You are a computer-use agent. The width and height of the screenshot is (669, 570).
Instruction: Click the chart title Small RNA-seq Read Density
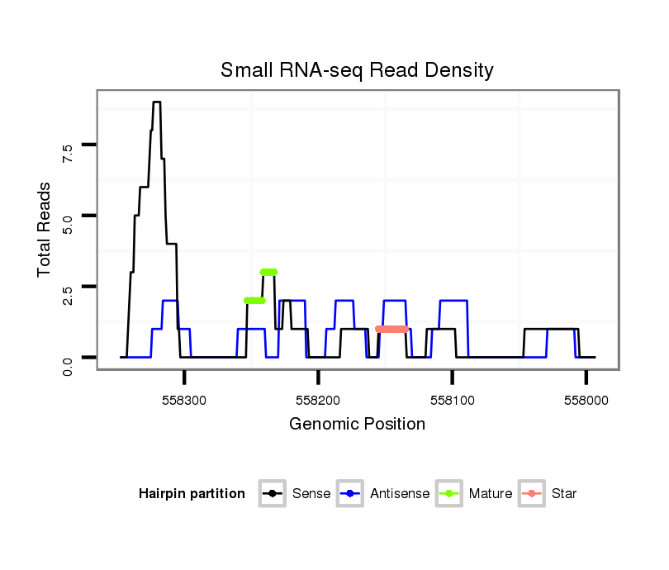pyautogui.click(x=357, y=71)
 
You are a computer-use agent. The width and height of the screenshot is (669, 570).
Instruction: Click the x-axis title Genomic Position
pyautogui.click(x=357, y=425)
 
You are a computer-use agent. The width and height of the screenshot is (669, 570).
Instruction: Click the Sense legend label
pyautogui.click(x=311, y=494)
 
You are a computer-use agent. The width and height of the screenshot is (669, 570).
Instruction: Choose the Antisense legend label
pyautogui.click(x=400, y=494)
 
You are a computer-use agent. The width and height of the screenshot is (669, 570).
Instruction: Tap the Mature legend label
pyautogui.click(x=491, y=494)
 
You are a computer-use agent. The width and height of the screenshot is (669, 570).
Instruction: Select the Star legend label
pyautogui.click(x=563, y=494)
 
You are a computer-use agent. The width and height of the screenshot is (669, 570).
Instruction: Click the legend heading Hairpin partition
pyautogui.click(x=192, y=494)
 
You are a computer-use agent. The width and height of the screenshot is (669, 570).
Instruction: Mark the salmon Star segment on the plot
pyautogui.click(x=392, y=329)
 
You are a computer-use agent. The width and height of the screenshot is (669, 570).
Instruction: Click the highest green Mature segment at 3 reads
pyautogui.click(x=268, y=272)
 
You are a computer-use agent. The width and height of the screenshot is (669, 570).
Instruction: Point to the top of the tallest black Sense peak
pyautogui.click(x=156, y=102)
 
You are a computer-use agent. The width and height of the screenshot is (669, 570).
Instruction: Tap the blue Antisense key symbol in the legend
pyautogui.click(x=350, y=494)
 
